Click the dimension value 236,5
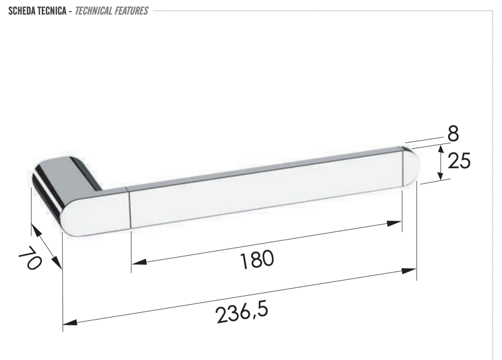(242, 311)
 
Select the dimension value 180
(257, 259)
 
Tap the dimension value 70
(30, 258)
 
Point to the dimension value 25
(459, 161)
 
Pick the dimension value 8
(453, 134)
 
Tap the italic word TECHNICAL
(93, 11)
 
